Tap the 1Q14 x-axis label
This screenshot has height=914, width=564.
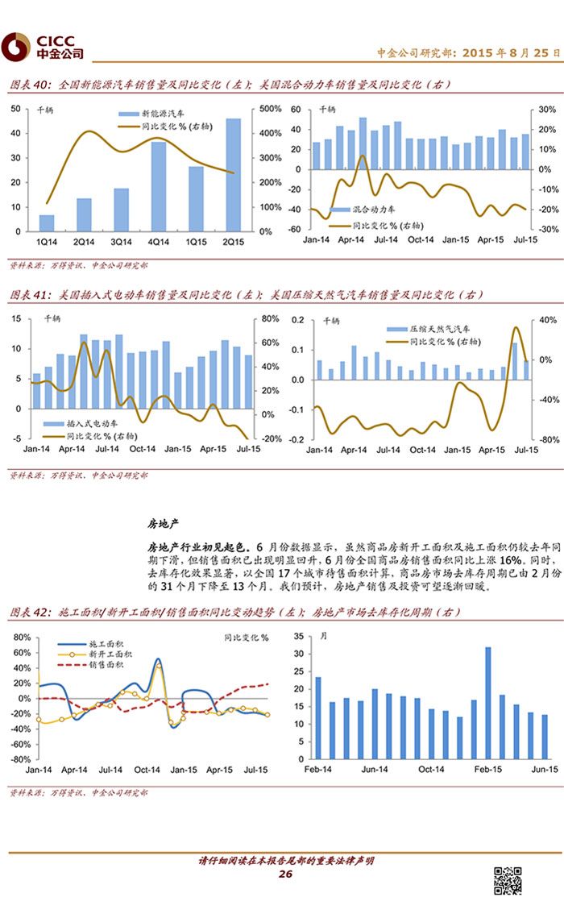[x=47, y=240]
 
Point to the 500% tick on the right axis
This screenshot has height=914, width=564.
[x=270, y=109]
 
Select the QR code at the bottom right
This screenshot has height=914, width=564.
[x=507, y=881]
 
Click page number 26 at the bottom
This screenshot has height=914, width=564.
[x=284, y=875]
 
